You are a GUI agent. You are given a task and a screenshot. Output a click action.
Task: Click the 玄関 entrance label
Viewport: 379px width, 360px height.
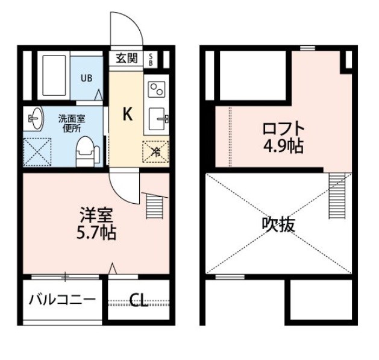[127, 58]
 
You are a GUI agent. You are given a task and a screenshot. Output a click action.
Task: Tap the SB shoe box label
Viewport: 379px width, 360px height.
[151, 60]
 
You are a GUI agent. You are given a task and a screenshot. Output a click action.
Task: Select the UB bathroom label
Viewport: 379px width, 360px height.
[86, 78]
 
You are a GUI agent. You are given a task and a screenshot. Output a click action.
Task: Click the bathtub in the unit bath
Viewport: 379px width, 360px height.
[54, 76]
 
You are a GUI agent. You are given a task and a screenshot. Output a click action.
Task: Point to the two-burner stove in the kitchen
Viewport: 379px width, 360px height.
[157, 89]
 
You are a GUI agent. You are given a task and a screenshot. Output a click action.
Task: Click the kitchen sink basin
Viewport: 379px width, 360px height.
[157, 119]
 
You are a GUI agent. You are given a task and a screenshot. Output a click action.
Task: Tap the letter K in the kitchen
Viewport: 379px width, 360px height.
[127, 114]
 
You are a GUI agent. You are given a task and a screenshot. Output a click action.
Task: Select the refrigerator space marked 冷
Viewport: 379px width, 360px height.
[155, 152]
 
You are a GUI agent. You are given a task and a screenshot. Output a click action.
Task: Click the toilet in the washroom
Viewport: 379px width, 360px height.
[87, 152]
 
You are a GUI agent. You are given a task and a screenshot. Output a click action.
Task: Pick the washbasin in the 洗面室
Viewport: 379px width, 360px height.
[34, 119]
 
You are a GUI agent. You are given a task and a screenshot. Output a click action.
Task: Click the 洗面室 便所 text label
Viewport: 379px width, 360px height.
[72, 124]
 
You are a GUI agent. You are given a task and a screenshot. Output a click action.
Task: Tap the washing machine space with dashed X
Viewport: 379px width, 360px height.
[37, 152]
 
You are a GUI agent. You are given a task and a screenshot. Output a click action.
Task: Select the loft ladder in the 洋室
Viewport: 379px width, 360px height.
[154, 207]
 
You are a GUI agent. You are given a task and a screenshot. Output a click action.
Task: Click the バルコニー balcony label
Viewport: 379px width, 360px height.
[62, 300]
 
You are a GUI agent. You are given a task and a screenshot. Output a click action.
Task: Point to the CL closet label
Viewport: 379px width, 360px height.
[139, 300]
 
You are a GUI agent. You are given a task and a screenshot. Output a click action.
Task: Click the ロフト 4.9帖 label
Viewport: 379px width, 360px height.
[283, 137]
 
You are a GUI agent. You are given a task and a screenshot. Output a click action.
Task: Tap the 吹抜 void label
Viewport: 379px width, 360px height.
[278, 224]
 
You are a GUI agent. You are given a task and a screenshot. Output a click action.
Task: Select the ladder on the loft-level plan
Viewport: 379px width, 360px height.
[337, 196]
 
